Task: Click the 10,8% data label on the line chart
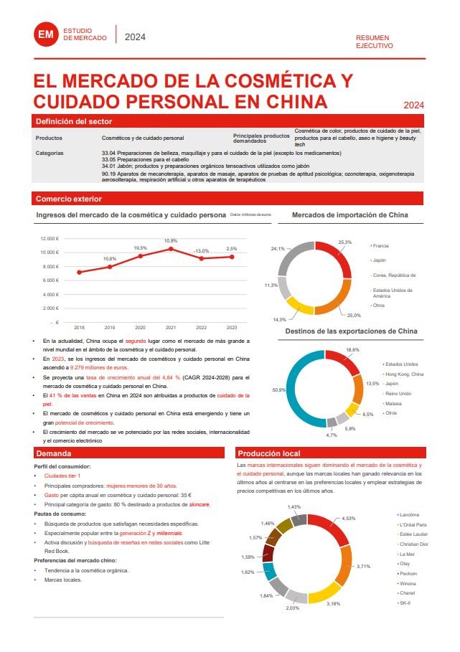pyautogui.click(x=171, y=241)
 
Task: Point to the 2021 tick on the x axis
pyautogui.click(x=171, y=327)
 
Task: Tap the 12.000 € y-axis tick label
pyautogui.click(x=50, y=239)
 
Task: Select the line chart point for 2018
pyautogui.click(x=79, y=273)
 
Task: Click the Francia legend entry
pyautogui.click(x=380, y=245)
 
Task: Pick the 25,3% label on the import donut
pyautogui.click(x=344, y=242)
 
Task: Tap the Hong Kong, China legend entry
pyautogui.click(x=404, y=374)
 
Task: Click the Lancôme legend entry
pyautogui.click(x=408, y=515)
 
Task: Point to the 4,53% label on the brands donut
pyautogui.click(x=349, y=518)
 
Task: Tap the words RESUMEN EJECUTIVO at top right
pyautogui.click(x=375, y=41)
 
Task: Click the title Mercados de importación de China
pyautogui.click(x=350, y=215)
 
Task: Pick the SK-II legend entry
pyautogui.click(x=406, y=603)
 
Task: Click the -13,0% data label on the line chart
pyautogui.click(x=201, y=251)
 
